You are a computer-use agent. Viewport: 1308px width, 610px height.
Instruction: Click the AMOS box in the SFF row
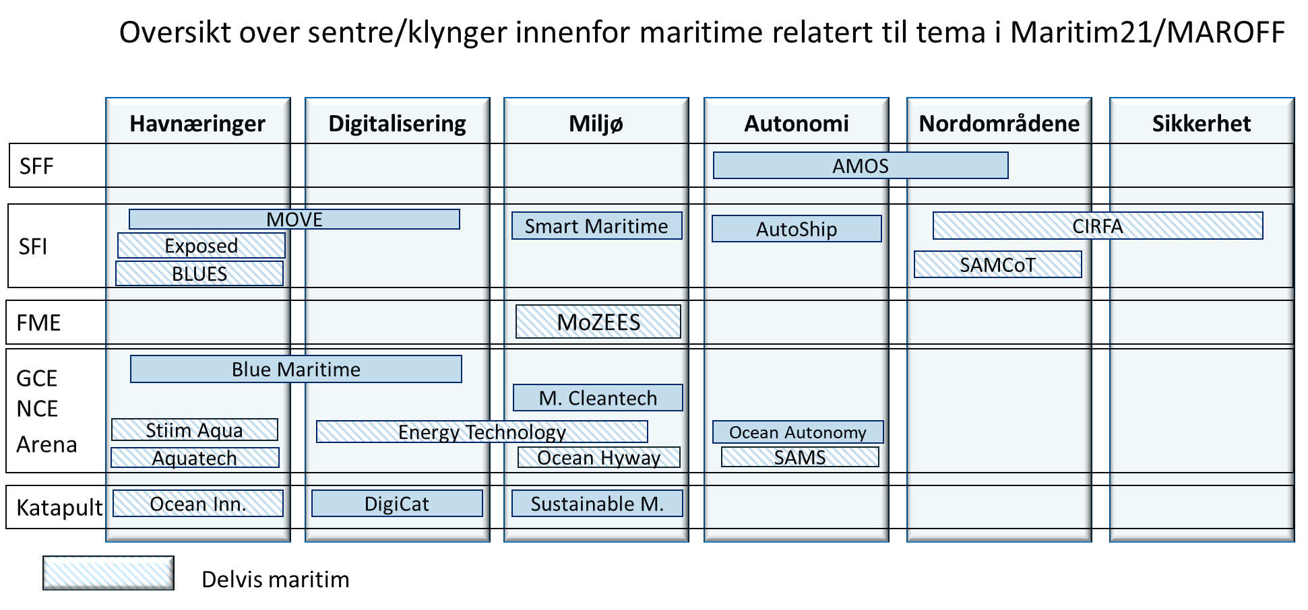tap(861, 166)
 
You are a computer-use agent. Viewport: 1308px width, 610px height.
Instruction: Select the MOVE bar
tap(294, 219)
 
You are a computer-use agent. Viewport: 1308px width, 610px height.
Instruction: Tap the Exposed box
tap(201, 246)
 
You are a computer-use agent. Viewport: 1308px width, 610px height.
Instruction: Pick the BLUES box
tap(199, 273)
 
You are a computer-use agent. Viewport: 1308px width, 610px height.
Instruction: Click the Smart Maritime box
tap(596, 226)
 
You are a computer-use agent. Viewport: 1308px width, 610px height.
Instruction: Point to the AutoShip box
tap(797, 229)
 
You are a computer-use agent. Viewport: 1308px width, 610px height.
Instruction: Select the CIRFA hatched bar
tap(1098, 226)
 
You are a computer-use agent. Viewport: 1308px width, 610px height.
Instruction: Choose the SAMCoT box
tap(998, 265)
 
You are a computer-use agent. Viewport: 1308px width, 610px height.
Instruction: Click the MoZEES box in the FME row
tap(598, 322)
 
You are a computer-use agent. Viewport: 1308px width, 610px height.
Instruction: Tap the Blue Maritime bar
tap(296, 369)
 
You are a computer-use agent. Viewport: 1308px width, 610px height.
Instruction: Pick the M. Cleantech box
tap(598, 398)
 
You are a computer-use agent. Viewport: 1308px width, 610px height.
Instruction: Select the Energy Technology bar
tap(482, 432)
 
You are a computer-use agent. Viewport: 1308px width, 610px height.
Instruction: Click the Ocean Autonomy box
tap(798, 432)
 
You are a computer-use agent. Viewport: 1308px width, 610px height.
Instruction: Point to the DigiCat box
tap(397, 504)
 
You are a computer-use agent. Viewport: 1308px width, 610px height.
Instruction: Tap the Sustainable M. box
tap(597, 504)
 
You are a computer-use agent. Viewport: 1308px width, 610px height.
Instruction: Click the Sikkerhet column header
tap(1202, 123)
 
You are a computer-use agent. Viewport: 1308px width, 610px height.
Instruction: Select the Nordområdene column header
tap(999, 123)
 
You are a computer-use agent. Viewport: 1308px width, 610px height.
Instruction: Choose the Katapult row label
tap(59, 507)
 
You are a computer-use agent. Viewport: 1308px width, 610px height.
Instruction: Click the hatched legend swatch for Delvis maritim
tap(108, 573)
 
